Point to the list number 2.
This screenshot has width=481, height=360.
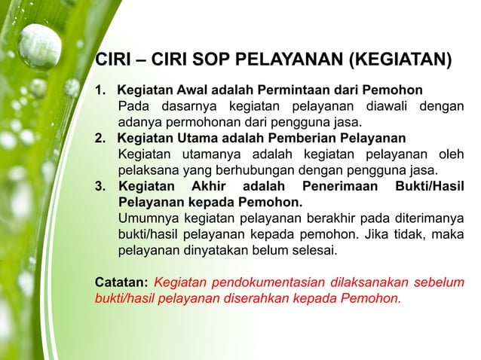(x=99, y=138)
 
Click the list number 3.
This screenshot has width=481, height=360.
(x=99, y=186)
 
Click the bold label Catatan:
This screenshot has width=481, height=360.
(x=121, y=282)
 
